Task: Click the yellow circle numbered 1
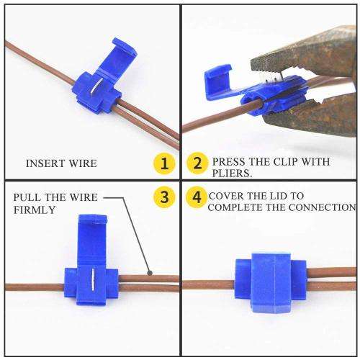point(165,164)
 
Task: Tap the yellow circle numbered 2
point(194,164)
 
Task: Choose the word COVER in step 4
point(225,196)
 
